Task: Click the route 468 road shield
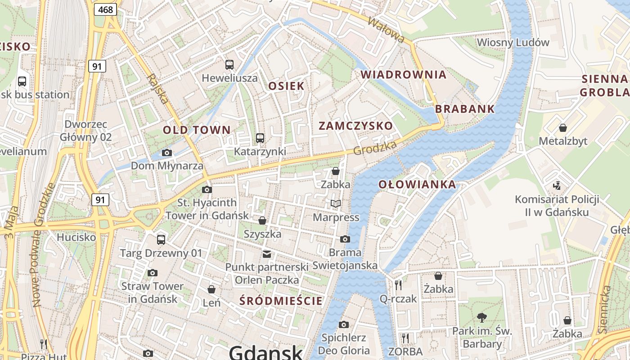[105, 9]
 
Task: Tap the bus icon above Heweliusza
[229, 64]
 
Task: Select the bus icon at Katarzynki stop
[260, 138]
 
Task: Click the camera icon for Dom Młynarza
[167, 153]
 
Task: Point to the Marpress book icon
[336, 204]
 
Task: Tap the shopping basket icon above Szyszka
[262, 220]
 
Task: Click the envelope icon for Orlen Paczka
[267, 254]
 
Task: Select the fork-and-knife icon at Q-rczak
[398, 285]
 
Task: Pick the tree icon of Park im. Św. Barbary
[482, 318]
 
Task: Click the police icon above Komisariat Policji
[557, 185]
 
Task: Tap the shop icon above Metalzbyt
[562, 128]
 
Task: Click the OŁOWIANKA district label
[417, 184]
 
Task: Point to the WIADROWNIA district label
[404, 75]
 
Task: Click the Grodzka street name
[375, 148]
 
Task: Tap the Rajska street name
[157, 89]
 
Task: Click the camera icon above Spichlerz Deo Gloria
[344, 324]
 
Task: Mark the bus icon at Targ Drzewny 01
[161, 239]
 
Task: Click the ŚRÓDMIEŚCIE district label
[281, 301]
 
